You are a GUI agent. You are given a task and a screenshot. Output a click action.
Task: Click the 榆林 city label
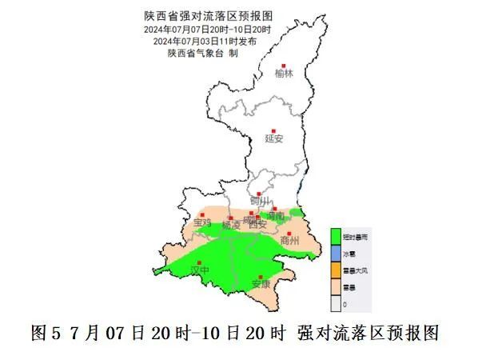coord(284,74)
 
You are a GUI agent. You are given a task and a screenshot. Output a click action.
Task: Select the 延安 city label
coord(274,138)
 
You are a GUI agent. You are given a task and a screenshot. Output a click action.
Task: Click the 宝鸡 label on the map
coord(203,222)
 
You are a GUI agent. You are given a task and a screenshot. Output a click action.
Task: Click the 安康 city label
coord(261,284)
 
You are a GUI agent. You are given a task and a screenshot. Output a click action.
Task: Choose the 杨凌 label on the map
coord(231,226)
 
